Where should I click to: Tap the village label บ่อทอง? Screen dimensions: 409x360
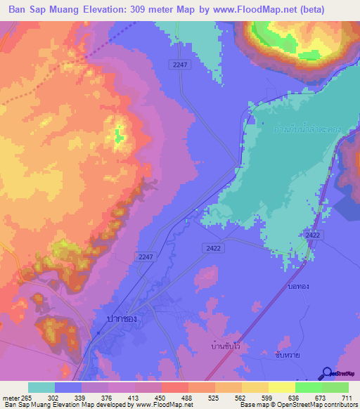pos(299,287)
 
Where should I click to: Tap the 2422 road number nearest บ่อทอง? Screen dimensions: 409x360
pos(312,235)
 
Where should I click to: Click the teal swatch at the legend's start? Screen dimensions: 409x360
pos(41,387)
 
